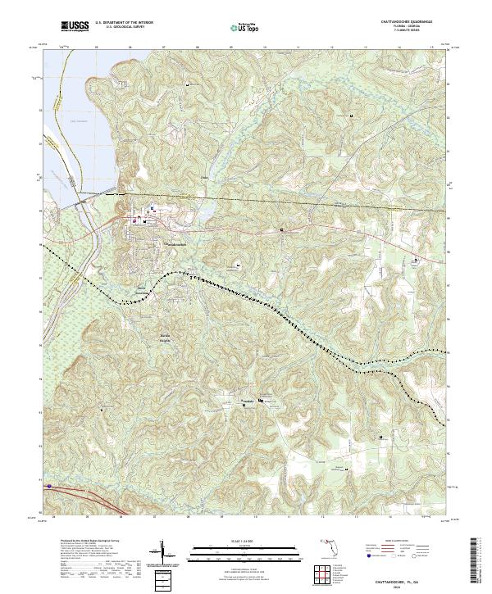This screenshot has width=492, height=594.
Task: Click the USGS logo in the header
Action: tap(75, 26)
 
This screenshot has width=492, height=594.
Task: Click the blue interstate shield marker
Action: tap(50, 486)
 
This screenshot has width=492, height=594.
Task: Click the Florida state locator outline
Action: tap(328, 544)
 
